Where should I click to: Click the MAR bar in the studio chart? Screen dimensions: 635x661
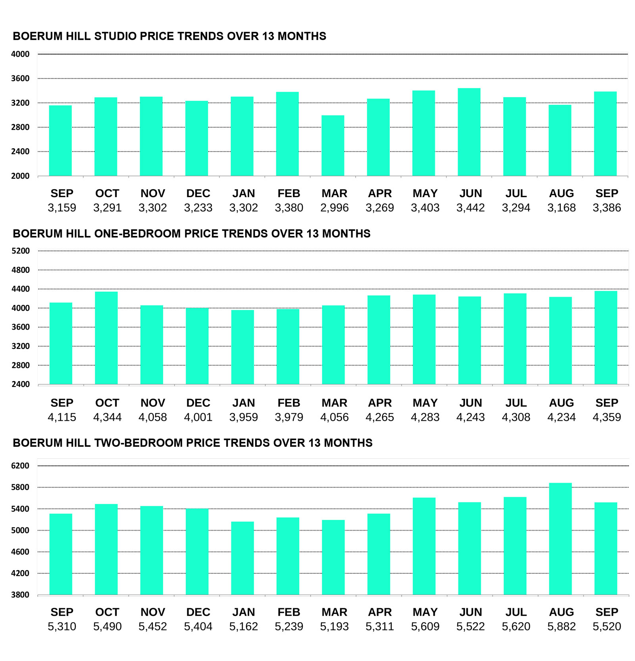tap(333, 146)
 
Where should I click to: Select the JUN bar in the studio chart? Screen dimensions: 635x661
tap(469, 132)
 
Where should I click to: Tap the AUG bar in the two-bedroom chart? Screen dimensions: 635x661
tap(560, 538)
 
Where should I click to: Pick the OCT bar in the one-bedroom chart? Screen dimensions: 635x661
tap(106, 338)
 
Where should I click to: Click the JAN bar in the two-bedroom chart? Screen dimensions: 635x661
tap(242, 558)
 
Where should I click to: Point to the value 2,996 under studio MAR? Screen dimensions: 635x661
tap(334, 207)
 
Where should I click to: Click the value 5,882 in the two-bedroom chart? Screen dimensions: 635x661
tap(561, 626)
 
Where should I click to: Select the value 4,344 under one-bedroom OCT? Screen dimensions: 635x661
tap(107, 417)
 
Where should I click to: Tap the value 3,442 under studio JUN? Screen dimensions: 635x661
tap(470, 207)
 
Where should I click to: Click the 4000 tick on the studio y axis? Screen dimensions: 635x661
tap(20, 54)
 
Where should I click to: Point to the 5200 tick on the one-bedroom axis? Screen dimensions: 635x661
tap(20, 251)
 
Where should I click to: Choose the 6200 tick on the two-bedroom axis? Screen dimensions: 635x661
tap(20, 466)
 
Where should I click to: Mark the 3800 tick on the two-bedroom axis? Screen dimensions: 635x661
tap(20, 594)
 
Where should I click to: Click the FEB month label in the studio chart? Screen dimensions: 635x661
tap(289, 193)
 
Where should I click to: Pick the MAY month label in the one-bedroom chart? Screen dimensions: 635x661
tap(425, 402)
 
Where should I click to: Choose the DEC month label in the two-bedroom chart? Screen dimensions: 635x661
tap(198, 612)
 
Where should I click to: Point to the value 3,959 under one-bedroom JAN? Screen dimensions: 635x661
tap(243, 417)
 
